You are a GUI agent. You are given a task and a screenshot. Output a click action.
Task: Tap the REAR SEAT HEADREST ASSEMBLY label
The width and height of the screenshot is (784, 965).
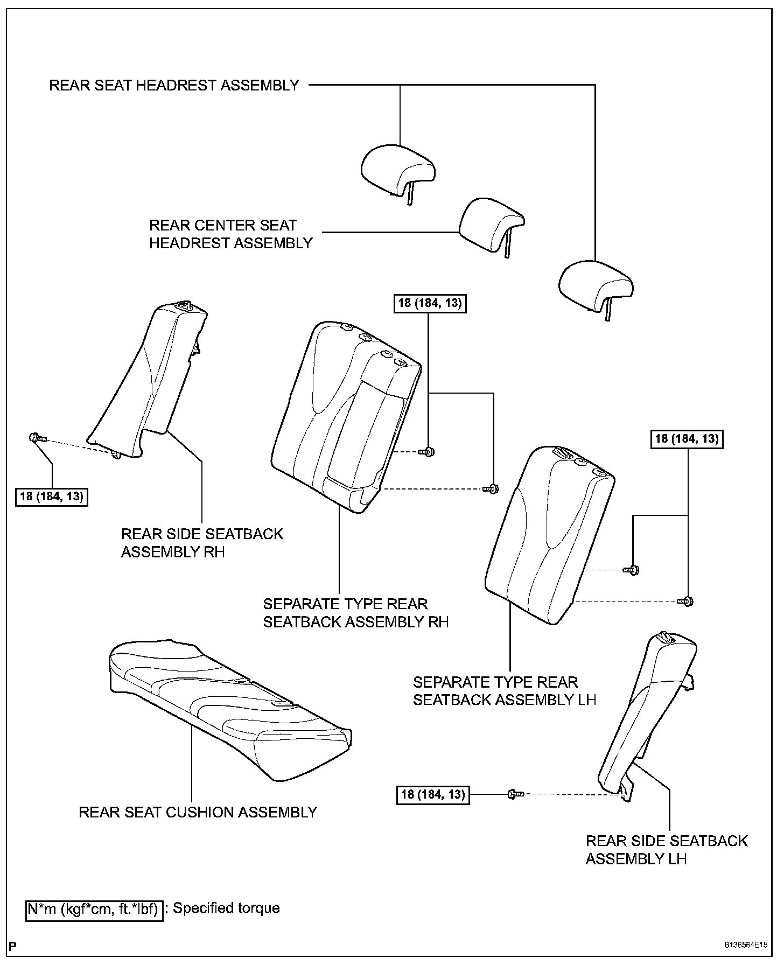point(174,85)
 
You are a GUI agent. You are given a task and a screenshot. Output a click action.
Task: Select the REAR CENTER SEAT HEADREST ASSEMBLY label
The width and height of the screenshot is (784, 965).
point(230,234)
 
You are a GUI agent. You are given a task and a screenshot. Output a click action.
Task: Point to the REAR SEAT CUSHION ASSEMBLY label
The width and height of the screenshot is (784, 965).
point(198,812)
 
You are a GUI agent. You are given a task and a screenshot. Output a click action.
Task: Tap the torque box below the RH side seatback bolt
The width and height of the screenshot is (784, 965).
point(52,496)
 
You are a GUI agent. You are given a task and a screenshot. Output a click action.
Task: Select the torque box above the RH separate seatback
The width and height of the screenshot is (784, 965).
point(430,303)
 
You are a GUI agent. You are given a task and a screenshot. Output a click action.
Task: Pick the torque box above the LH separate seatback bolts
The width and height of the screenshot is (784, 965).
point(687,439)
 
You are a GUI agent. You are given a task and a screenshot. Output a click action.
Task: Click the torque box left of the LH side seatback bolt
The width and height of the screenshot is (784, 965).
point(433,794)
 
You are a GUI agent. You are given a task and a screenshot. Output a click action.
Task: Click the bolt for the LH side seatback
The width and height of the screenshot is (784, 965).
point(514,793)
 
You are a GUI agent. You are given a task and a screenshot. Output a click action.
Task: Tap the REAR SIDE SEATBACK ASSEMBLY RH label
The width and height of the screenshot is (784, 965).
point(202,543)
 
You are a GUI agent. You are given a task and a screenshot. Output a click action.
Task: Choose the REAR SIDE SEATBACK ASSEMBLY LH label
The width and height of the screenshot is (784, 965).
point(667,850)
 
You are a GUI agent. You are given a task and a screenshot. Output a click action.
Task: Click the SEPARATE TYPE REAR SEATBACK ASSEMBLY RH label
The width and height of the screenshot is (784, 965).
point(355,613)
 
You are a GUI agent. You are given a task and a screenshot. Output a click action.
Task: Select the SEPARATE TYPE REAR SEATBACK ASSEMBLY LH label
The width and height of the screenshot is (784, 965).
point(505,691)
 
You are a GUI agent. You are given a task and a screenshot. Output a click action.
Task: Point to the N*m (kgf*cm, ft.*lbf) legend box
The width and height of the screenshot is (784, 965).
point(94,910)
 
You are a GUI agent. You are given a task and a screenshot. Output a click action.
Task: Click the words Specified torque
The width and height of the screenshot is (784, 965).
point(226,908)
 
